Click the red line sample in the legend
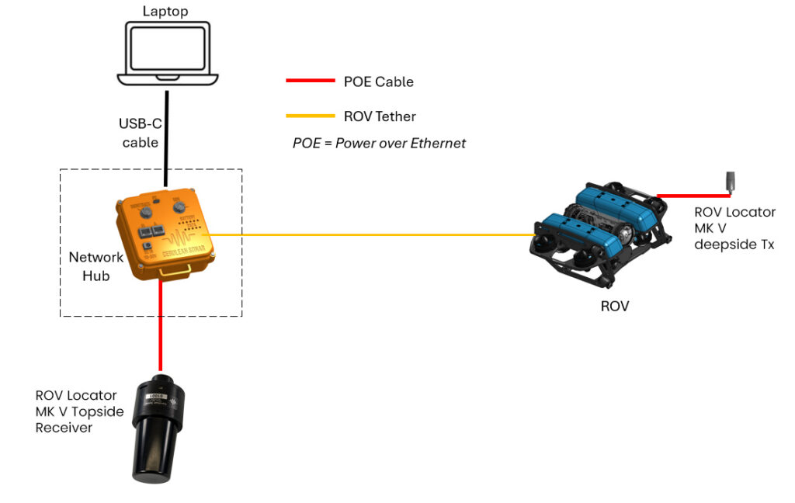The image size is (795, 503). pos(310,81)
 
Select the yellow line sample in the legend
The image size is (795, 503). pos(310,116)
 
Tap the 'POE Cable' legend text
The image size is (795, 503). pos(379,82)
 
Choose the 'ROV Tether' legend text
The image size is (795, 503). pos(380,116)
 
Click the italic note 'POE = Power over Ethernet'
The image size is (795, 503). pos(379,143)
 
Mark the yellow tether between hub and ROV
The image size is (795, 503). pos(373,234)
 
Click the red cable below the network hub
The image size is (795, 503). pos(161,326)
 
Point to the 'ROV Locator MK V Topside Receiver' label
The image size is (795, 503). pos(79,411)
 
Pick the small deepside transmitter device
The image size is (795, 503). pos(729,181)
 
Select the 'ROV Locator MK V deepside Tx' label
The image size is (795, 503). pos(734,229)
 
